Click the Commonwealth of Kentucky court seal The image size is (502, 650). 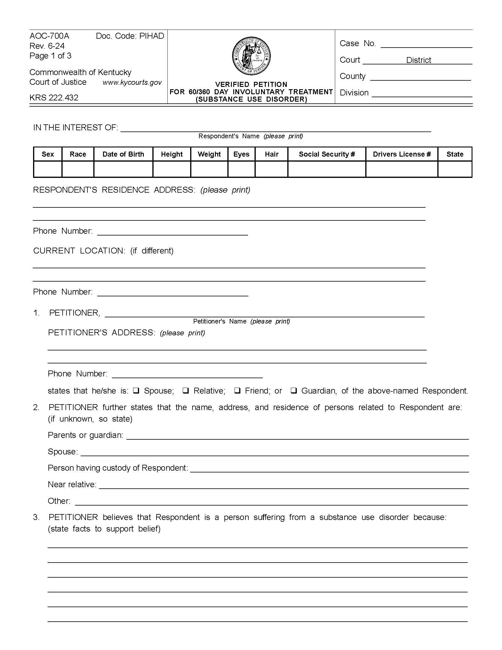coord(251,56)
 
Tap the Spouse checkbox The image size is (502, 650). coord(136,391)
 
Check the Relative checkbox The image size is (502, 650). coord(185,391)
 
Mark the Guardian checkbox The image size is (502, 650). coord(294,391)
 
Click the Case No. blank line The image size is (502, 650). coord(426,45)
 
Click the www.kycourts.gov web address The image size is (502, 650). coord(132,82)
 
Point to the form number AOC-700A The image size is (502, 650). coord(49,36)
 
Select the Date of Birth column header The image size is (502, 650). coord(123,154)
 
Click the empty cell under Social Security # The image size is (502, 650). coord(327,169)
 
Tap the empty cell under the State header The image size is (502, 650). coord(455,169)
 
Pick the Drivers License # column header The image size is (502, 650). coord(402,154)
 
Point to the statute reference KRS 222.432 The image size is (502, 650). coord(54,97)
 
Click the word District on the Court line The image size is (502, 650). coord(418,60)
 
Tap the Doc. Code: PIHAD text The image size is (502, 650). coord(130,36)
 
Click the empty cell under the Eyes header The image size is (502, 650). coord(241,169)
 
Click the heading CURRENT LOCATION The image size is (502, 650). coord(79,251)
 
